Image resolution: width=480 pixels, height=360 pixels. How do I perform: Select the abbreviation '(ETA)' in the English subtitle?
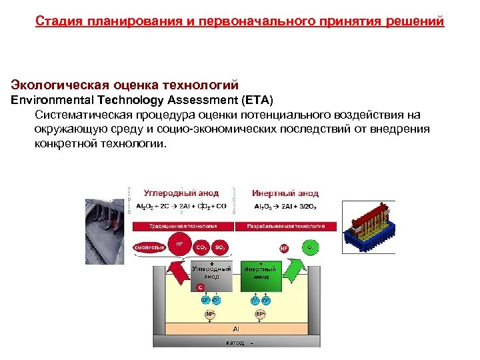249,100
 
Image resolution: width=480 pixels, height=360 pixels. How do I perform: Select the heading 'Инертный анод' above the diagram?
285,193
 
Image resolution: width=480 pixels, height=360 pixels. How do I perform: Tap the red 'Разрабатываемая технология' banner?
285,227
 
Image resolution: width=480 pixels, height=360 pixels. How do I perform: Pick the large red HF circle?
179,245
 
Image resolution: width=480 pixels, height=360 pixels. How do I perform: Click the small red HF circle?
284,248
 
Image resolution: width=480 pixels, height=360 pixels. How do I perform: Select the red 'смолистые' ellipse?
149,247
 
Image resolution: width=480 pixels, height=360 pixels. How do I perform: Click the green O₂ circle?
310,247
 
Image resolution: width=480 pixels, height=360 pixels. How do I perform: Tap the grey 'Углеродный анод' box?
211,273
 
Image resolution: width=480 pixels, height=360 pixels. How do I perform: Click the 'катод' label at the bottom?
235,343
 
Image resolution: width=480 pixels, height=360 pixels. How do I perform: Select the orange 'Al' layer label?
236,329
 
